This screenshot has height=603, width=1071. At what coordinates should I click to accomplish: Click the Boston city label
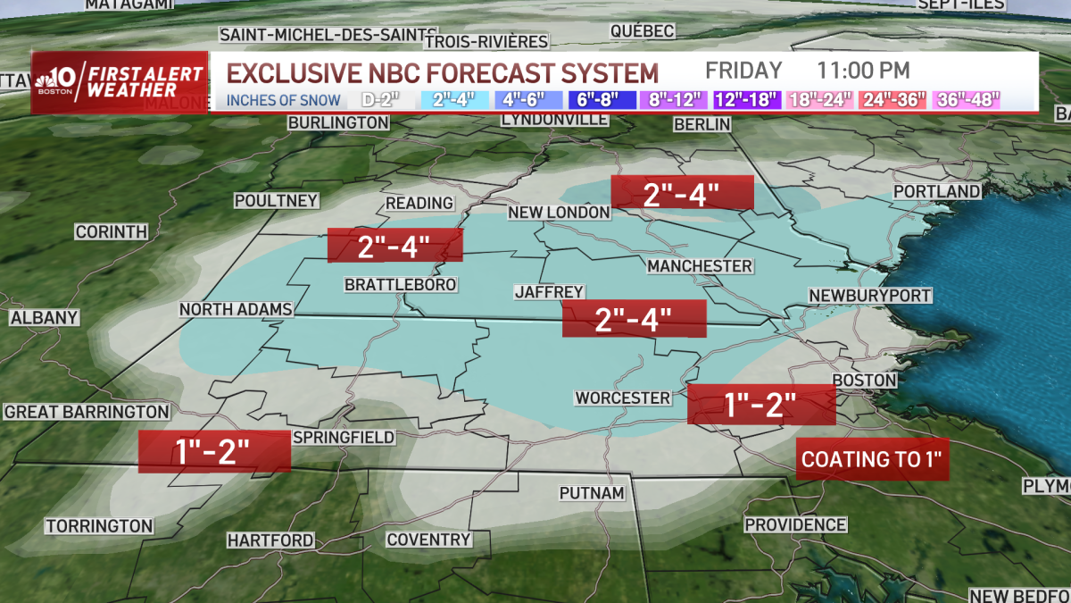click(x=864, y=380)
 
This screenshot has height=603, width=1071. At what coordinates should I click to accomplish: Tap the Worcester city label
click(x=623, y=398)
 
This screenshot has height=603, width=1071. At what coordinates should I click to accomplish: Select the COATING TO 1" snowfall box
click(x=871, y=460)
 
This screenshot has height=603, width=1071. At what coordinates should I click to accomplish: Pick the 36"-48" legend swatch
click(x=967, y=99)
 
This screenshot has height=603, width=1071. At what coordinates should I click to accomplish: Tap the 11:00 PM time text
click(x=863, y=71)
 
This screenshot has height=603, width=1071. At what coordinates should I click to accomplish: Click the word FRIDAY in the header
click(x=743, y=71)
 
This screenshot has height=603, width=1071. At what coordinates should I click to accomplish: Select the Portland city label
click(x=936, y=192)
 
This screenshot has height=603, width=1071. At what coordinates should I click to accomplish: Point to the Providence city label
click(x=795, y=524)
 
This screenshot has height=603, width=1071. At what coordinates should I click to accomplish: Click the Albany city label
click(x=45, y=317)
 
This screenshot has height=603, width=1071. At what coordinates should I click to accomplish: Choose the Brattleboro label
click(x=401, y=284)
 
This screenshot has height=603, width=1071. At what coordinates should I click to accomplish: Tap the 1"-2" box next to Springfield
click(x=214, y=451)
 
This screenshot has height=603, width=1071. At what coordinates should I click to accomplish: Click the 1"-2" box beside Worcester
click(x=761, y=404)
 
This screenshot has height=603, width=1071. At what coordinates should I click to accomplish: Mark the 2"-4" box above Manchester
click(x=682, y=193)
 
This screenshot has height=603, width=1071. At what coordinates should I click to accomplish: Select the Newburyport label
click(x=870, y=295)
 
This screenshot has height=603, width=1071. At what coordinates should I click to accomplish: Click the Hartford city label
click(x=270, y=540)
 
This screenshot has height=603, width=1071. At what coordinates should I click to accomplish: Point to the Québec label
click(x=642, y=31)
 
